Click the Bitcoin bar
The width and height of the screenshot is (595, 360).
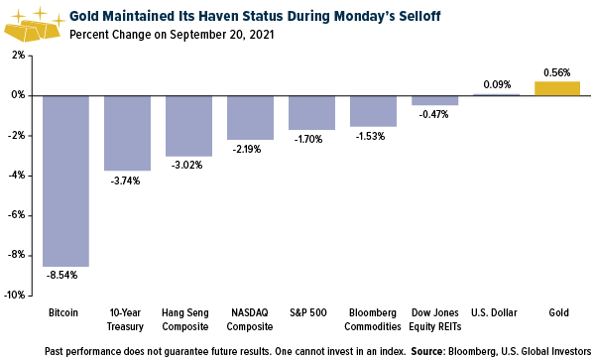pyautogui.click(x=66, y=180)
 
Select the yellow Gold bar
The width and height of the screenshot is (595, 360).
pyautogui.click(x=557, y=88)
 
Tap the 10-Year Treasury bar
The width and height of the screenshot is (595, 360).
pyautogui.click(x=128, y=133)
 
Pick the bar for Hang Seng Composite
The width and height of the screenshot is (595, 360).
pyautogui.click(x=189, y=126)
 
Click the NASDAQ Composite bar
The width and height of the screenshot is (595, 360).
pyautogui.click(x=251, y=117)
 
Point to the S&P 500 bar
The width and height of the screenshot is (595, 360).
pyautogui.click(x=312, y=112)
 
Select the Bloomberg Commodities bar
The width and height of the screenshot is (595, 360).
pyautogui.click(x=374, y=110)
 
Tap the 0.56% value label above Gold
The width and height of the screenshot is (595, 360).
pyautogui.click(x=557, y=72)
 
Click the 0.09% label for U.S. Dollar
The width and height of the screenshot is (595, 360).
pyautogui.click(x=496, y=85)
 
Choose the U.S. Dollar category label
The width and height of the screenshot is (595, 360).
pyautogui.click(x=496, y=312)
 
